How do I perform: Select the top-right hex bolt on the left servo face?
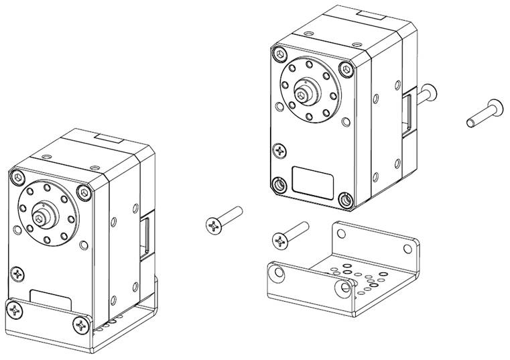83,193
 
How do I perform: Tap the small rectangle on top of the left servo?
108,139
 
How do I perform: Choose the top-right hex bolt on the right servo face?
345,69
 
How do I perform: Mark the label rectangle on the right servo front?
313,181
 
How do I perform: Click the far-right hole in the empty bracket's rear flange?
407,248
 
